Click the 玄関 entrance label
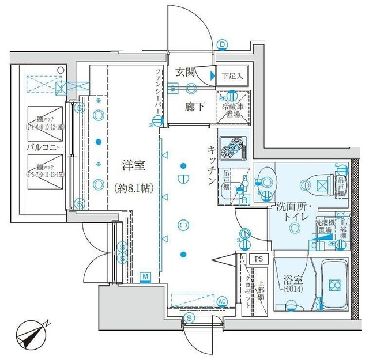point(184,72)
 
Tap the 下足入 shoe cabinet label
point(234,74)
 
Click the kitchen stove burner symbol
point(232,147)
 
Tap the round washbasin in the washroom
point(267,179)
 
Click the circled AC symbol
point(222,300)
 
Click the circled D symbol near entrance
point(222,43)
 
